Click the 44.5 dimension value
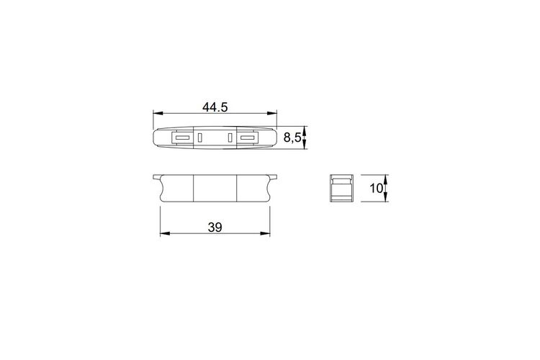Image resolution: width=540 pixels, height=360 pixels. [215, 107]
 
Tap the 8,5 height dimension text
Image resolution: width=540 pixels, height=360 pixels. [292, 138]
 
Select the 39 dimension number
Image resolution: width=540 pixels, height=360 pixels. [215, 228]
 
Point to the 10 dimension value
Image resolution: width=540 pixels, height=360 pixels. [376, 188]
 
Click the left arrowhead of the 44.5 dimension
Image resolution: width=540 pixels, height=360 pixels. [158, 113]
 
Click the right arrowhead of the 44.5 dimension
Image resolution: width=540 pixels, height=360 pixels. [272, 113]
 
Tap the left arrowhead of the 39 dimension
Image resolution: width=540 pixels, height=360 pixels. [165, 233]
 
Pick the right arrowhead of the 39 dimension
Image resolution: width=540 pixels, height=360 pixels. [265, 233]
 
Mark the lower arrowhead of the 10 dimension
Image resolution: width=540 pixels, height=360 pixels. [385, 197]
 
